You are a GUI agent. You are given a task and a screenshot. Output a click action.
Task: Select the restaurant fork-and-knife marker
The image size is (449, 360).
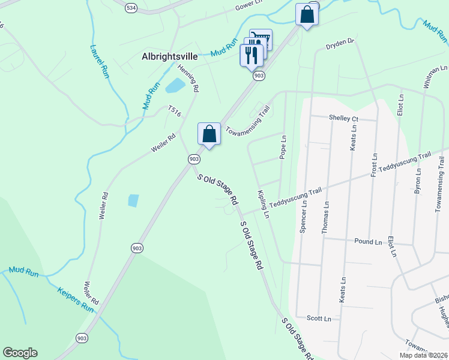coord(251,55)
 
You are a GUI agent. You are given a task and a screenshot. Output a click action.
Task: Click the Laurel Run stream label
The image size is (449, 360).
coord(100,61)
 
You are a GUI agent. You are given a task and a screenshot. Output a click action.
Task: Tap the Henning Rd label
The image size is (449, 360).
coord(193,80)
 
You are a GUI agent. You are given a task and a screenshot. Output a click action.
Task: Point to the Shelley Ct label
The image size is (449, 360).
coord(343,118)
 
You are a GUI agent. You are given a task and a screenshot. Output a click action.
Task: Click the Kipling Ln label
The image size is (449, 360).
coord(262,205)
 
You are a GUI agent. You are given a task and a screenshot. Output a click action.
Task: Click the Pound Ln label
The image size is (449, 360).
coord(368,242)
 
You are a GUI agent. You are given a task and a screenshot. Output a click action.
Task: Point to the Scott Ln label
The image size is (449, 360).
coord(319,319)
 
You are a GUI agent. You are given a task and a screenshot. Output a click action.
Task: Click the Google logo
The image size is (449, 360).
coord(20,352)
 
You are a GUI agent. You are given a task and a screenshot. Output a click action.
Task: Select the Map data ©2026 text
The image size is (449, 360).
coord(423,355)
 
